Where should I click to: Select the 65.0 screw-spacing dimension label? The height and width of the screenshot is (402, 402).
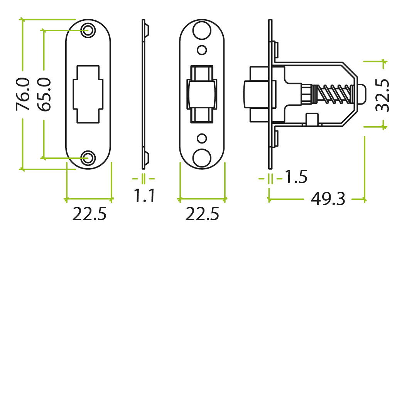[44, 95]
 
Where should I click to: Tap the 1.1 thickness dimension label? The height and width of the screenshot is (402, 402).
[144, 196]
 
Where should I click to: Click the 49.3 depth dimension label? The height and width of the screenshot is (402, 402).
[328, 199]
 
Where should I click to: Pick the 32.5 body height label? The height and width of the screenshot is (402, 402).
[382, 95]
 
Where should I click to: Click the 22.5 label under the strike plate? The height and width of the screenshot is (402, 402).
[89, 214]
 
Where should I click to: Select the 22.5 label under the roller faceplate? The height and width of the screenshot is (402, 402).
[202, 214]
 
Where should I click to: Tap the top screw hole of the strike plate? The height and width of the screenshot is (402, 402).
[88, 30]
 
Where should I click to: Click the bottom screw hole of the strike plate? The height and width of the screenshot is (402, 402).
[88, 158]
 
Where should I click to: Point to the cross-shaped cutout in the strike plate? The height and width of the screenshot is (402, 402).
[88, 94]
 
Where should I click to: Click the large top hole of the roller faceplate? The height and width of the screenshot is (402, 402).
[202, 30]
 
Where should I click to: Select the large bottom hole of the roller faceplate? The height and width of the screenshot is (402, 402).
[202, 158]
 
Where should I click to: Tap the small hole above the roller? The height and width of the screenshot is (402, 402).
[202, 50]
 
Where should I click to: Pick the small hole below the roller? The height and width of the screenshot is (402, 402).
[202, 139]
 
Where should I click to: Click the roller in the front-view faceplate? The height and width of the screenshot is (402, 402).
[202, 94]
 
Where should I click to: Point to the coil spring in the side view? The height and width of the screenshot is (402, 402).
[332, 94]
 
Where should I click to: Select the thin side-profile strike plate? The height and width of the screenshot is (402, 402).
[144, 94]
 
